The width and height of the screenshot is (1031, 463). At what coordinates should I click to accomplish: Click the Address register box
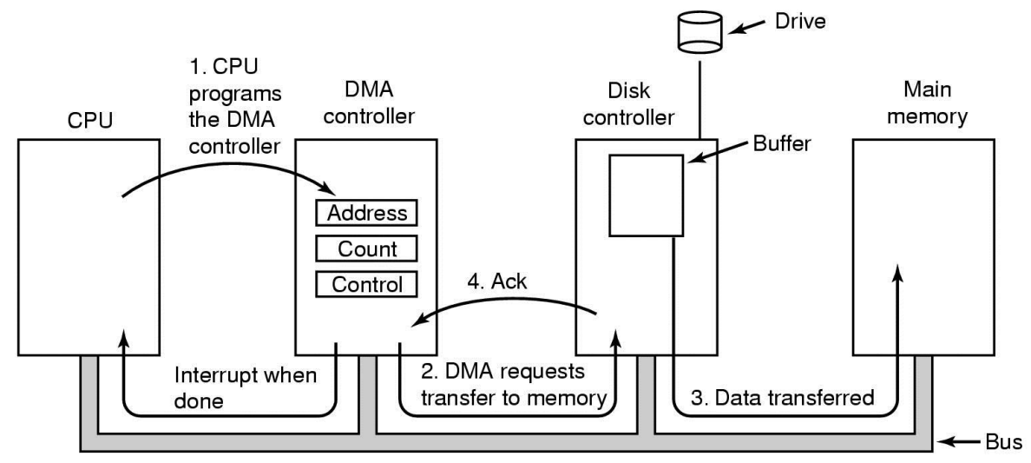click(366, 213)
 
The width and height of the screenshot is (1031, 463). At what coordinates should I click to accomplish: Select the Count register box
click(366, 249)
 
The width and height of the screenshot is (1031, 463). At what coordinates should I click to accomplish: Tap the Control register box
click(366, 285)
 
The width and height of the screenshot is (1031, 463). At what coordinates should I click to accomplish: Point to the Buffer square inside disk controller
click(647, 195)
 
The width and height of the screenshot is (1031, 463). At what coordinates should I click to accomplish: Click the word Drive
click(800, 22)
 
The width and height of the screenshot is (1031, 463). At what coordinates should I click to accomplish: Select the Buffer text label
click(783, 143)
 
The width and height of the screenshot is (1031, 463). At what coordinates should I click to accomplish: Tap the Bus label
click(1003, 440)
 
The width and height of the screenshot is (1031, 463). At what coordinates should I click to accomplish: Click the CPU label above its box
click(90, 120)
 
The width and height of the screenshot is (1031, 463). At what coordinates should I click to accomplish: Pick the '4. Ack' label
click(496, 282)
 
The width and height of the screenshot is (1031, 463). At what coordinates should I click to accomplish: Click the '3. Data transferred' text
click(782, 398)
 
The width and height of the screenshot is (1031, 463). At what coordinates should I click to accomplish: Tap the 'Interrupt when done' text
click(246, 387)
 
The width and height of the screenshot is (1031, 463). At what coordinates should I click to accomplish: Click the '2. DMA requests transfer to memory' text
click(514, 386)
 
